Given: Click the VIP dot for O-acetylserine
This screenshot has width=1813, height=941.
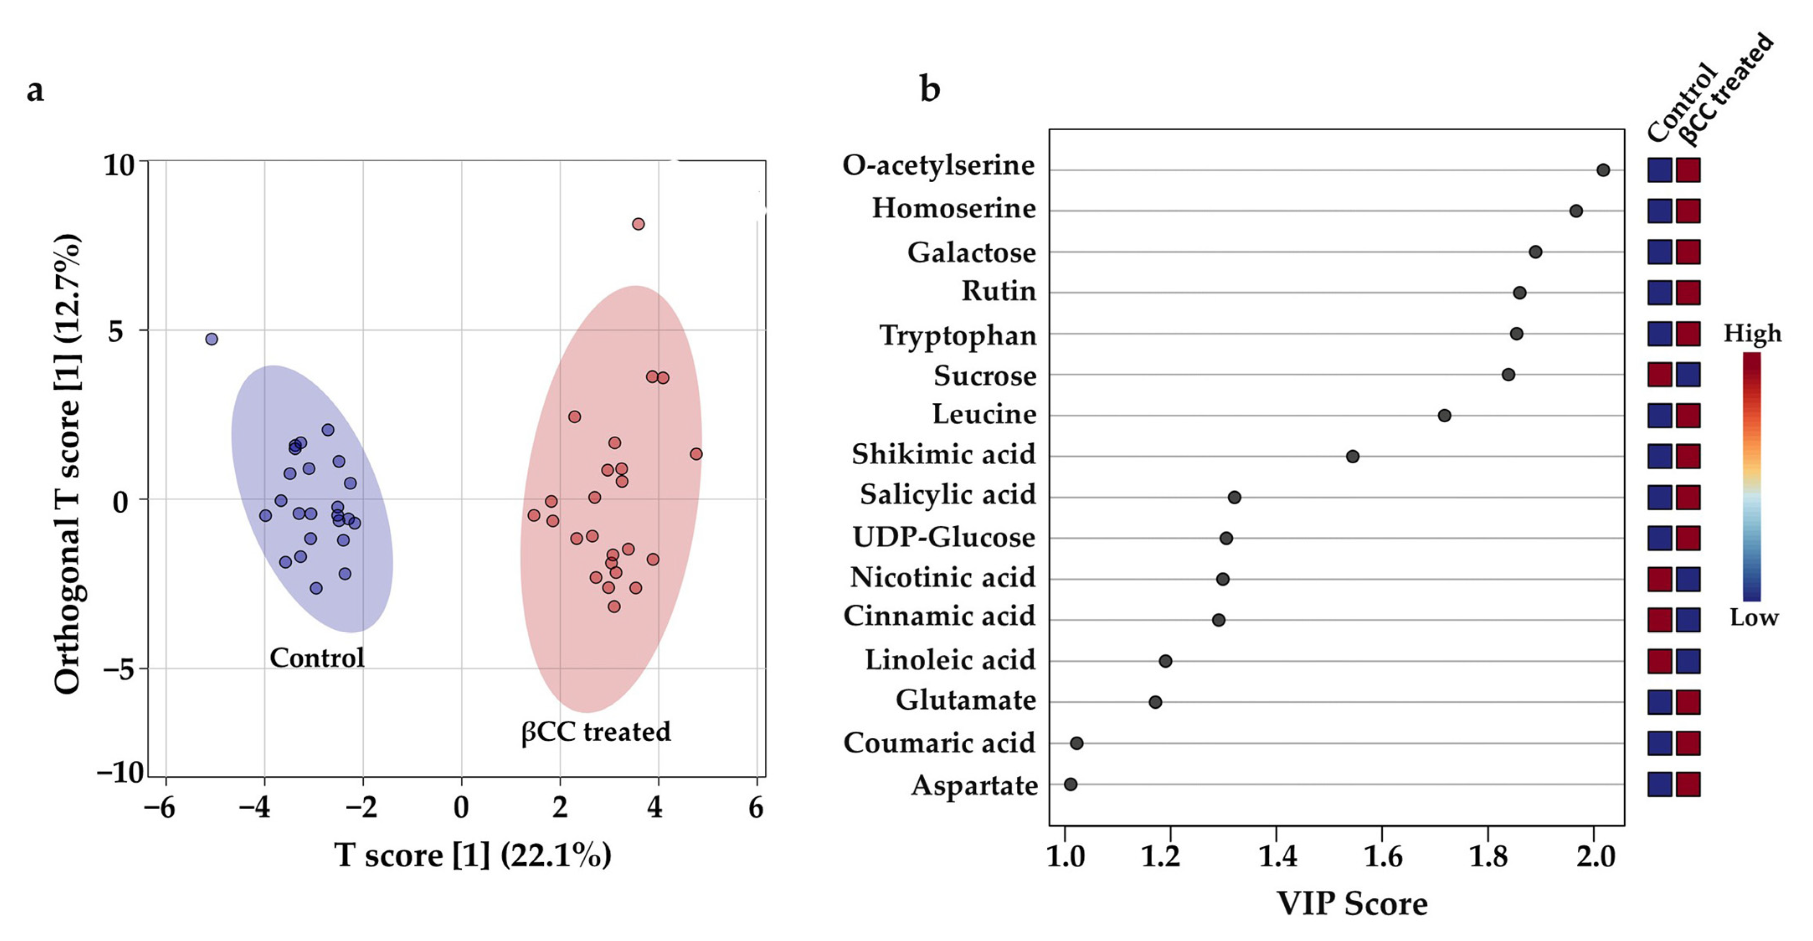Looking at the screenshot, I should coord(1602,170).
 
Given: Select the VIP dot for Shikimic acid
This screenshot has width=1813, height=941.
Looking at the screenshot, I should coord(1352,456).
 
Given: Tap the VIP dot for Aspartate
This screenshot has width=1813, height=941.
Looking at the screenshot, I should coord(1070,784).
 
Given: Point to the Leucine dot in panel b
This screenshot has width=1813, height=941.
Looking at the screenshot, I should coord(1444,416).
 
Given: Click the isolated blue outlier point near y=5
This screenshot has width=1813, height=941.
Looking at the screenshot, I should coord(211,339).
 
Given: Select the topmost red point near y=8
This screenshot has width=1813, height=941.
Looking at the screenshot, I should coord(638,224).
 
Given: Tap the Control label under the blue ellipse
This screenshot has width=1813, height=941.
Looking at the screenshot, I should coord(317,658).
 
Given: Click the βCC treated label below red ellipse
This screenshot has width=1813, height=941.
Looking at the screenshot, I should coord(595,732).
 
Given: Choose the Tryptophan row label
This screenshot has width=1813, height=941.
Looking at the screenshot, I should coord(958,335).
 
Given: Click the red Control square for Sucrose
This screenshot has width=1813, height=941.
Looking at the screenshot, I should coord(1659,375).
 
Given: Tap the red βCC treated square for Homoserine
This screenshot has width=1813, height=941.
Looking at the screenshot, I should coord(1688,211).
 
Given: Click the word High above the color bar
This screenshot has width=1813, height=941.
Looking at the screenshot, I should coord(1752,333).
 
